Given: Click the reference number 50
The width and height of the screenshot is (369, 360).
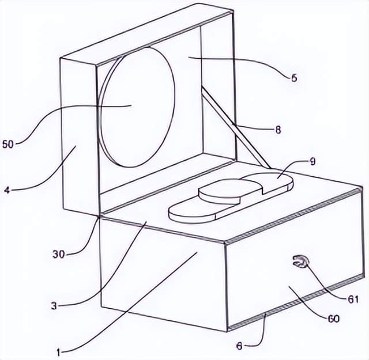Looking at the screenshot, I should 10,143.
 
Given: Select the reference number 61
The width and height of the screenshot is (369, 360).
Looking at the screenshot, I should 353,299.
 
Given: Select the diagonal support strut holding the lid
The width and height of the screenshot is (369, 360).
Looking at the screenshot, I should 231,123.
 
